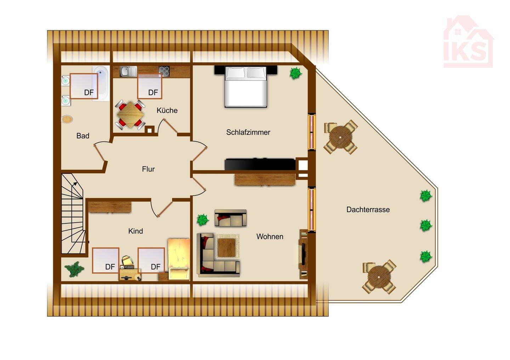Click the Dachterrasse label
[368, 210]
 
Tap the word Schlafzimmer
[248, 132]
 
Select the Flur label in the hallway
[148, 169]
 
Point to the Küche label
[167, 110]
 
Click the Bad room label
[83, 136]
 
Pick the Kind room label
[135, 231]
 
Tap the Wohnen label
[270, 237]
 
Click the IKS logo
[468, 42]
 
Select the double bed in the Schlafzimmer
[245, 86]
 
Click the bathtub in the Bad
[101, 83]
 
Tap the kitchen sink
[128, 72]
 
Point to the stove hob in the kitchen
[164, 71]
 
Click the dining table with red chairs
[130, 114]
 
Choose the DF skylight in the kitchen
[149, 86]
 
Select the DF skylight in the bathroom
[84, 86]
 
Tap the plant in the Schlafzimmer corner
[295, 73]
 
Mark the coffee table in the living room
[226, 247]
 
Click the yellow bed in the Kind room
[179, 259]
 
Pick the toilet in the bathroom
[67, 119]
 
